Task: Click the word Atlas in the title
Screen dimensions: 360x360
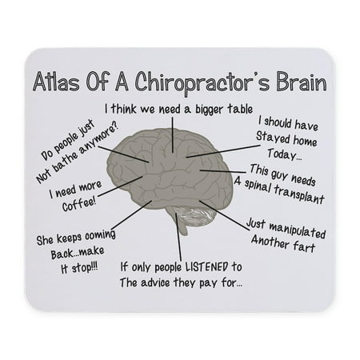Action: coord(57,82)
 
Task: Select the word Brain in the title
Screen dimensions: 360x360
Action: coord(302,82)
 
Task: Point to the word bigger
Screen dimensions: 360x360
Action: coord(210,110)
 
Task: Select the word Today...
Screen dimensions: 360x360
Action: coord(285,154)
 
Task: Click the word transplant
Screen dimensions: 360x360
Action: coord(299,194)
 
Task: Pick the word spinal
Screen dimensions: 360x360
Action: coord(257,185)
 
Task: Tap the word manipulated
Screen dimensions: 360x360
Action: coord(297,230)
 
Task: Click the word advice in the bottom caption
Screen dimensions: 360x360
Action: coord(155,282)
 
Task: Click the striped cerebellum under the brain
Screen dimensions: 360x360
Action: coord(196,215)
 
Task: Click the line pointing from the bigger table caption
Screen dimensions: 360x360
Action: coord(173,135)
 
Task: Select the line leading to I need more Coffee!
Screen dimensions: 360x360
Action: coord(121,186)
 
